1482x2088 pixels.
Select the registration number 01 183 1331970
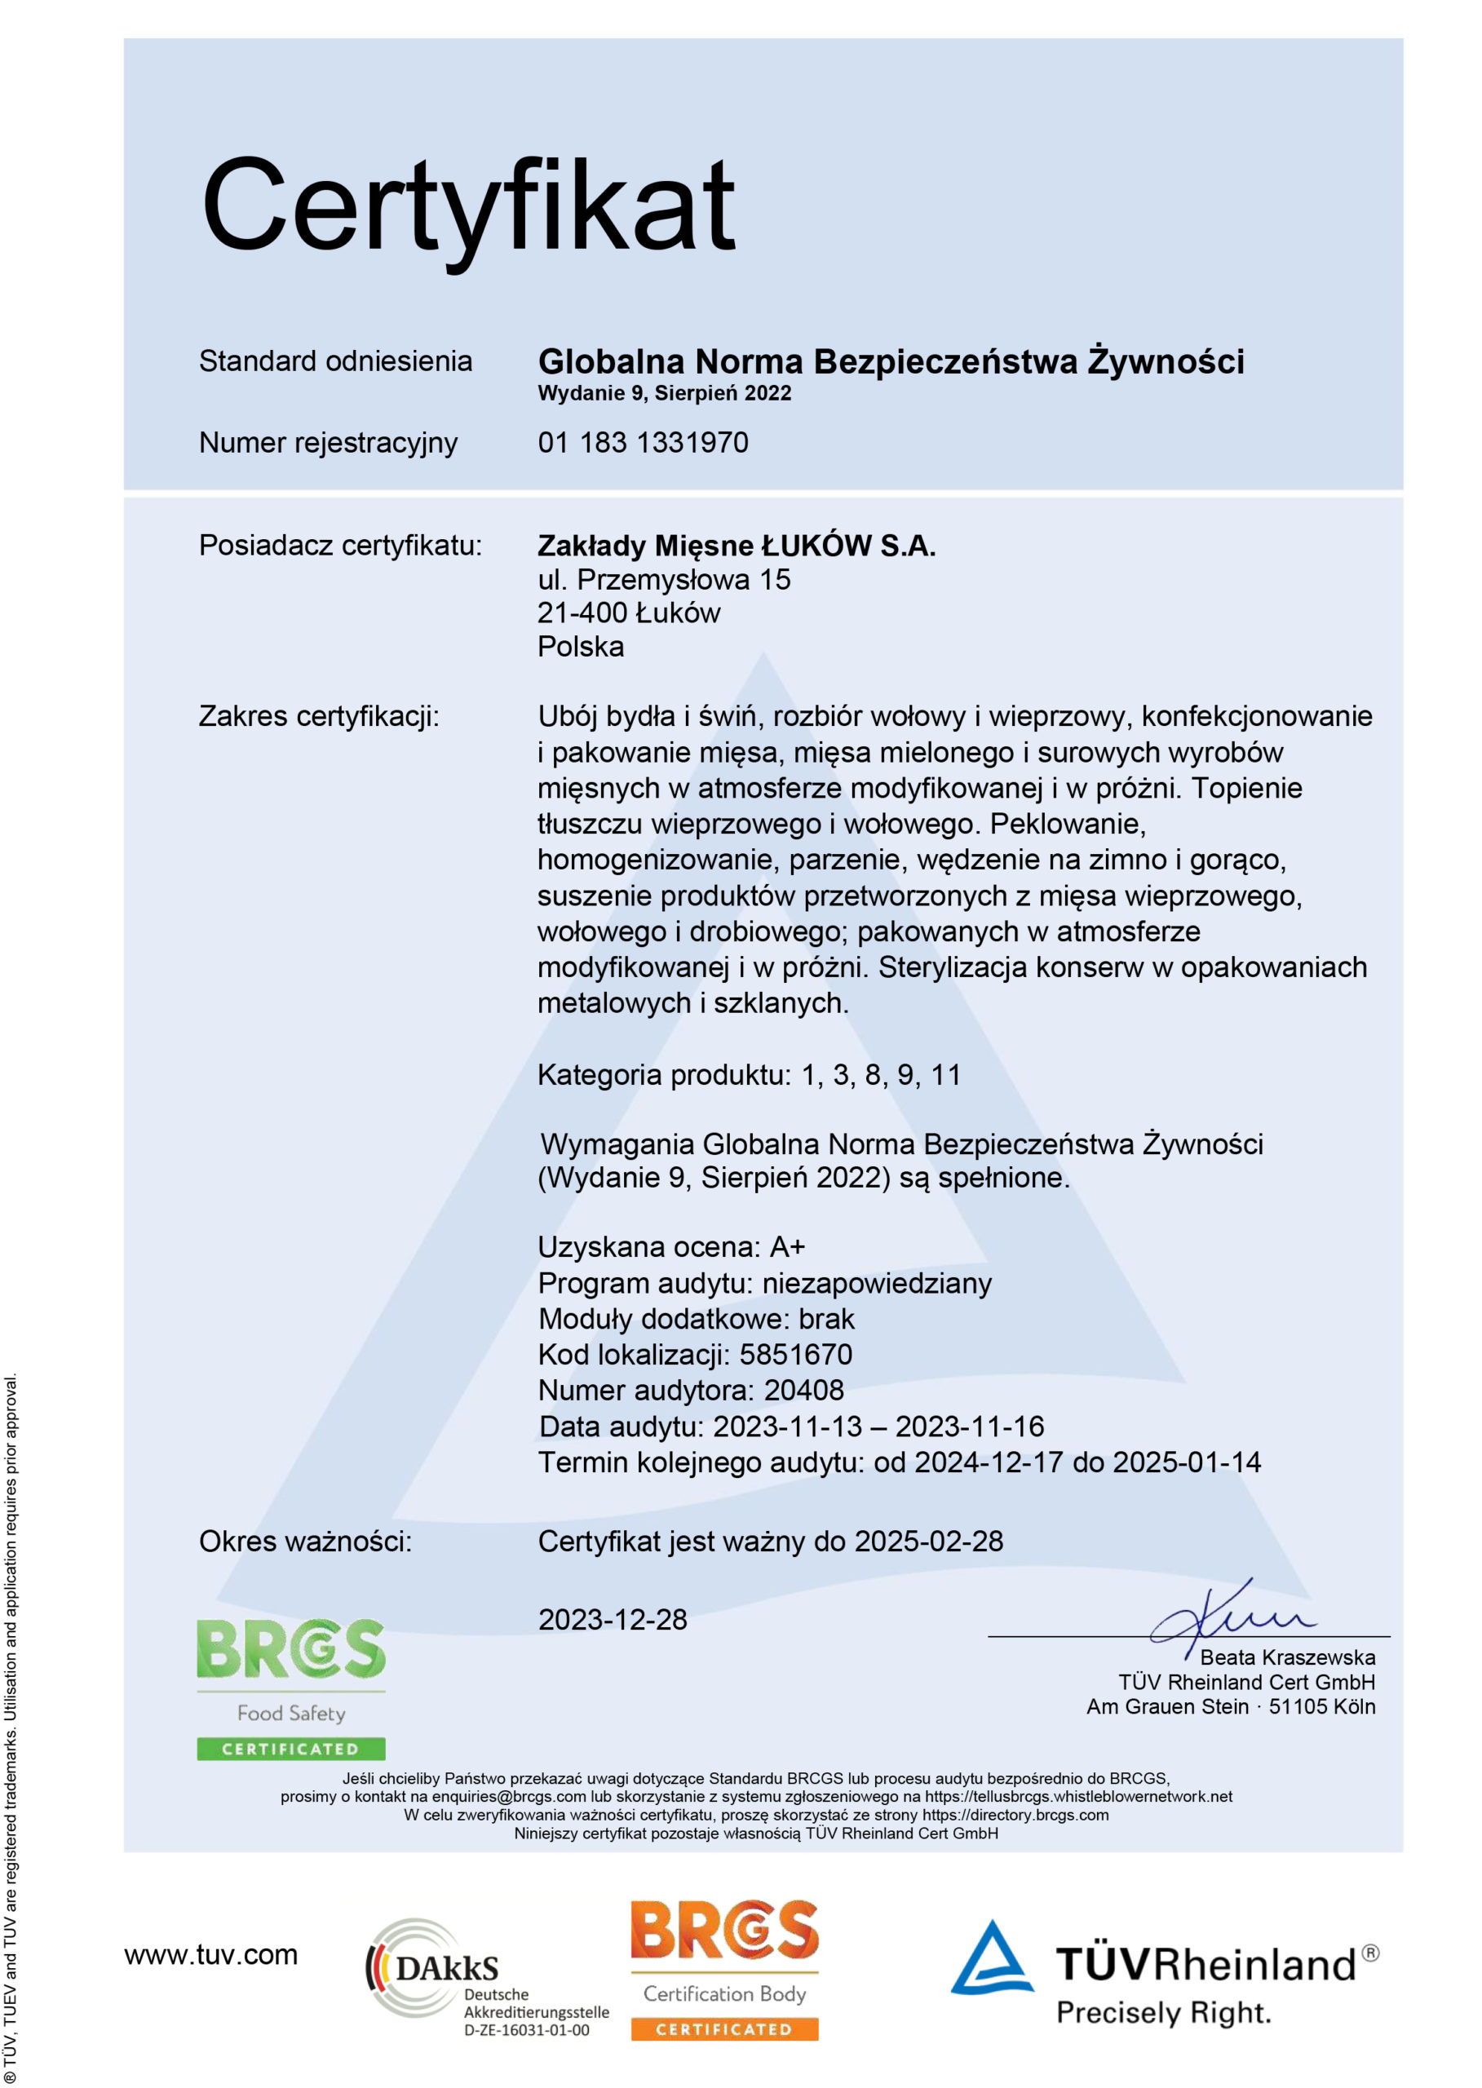[643, 443]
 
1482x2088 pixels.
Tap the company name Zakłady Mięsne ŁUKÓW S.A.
[736, 546]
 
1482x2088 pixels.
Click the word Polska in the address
[581, 646]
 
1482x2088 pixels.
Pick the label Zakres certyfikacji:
[318, 716]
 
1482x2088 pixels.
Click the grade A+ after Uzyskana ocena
[788, 1246]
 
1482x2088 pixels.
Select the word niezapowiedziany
[877, 1283]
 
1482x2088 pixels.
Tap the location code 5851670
[796, 1354]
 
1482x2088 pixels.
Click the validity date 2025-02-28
[928, 1542]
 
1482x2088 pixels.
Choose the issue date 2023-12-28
[613, 1620]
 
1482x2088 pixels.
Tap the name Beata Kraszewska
[1287, 1657]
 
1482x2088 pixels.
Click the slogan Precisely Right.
[1164, 2013]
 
